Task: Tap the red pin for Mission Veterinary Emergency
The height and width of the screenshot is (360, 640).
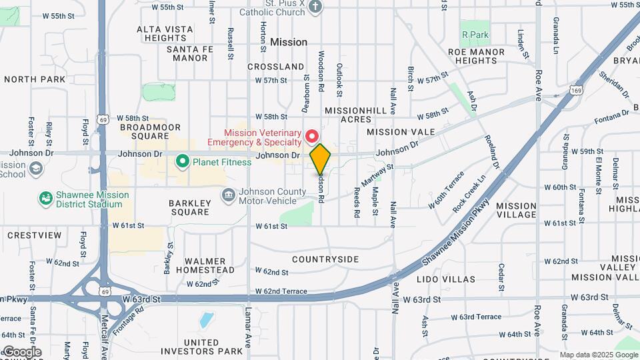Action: (x=311, y=137)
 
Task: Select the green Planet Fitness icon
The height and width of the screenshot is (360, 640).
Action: (x=181, y=161)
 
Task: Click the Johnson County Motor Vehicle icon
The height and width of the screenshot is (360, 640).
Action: (x=228, y=195)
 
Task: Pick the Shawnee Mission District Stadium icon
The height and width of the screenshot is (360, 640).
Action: (x=45, y=199)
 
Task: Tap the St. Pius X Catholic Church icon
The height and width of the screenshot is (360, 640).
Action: (x=316, y=6)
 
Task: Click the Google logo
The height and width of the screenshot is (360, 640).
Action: (x=21, y=351)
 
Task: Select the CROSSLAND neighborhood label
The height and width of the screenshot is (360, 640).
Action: (x=275, y=67)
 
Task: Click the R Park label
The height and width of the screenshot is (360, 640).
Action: (x=475, y=35)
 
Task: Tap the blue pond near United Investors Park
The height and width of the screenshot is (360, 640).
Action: (x=207, y=321)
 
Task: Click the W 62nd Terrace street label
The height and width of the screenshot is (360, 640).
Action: (x=281, y=291)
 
